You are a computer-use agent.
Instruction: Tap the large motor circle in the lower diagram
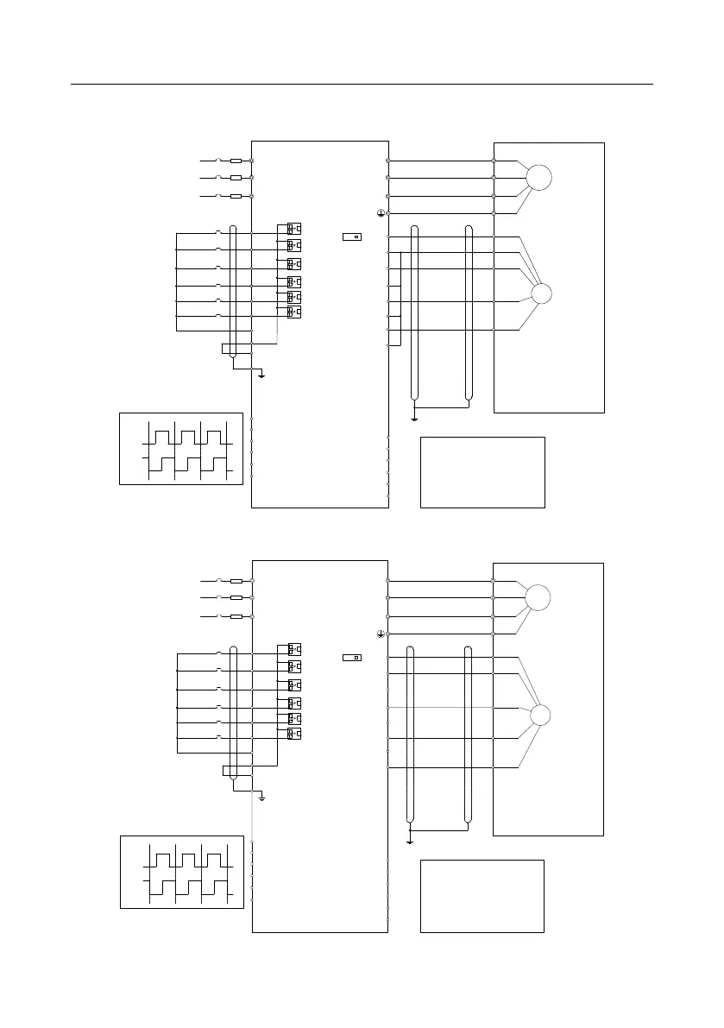pos(538,597)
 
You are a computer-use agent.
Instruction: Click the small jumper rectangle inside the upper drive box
pos(351,236)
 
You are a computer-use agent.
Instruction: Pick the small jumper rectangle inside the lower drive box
pos(351,658)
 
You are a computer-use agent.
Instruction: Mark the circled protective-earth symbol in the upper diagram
pos(380,212)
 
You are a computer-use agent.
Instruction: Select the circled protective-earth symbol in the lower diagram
pos(380,634)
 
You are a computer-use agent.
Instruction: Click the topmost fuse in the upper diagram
pos(236,161)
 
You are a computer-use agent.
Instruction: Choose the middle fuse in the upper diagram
pos(236,178)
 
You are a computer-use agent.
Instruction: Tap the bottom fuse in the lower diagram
pos(236,617)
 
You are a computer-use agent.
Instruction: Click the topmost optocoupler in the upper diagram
pos(294,229)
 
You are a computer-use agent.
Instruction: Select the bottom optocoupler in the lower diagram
pos(294,734)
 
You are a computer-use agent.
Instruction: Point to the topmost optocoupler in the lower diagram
pos(294,649)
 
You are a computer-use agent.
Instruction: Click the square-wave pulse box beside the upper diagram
pos(181,449)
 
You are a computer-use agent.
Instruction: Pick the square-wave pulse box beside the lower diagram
pos(181,871)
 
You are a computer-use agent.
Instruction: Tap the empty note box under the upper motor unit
pos(482,472)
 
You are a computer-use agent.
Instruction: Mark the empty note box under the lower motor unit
pos(482,895)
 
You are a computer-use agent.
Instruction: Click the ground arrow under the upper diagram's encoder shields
pos(415,417)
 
